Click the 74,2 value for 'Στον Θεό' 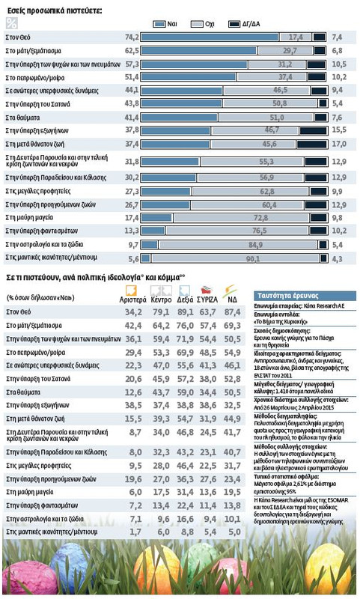[x=131, y=36]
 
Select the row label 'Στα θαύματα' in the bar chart [x=22, y=117]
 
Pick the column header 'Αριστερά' [x=132, y=298]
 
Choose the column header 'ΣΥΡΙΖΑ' [x=207, y=298]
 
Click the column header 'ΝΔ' [x=230, y=298]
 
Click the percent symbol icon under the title [x=11, y=23]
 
